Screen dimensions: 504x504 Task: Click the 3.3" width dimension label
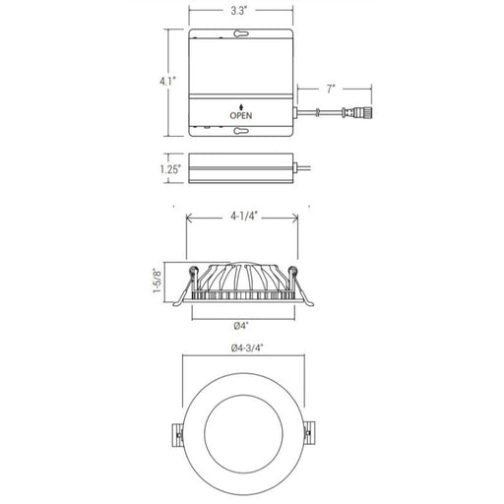pyautogui.click(x=238, y=11)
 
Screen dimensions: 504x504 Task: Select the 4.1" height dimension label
pyautogui.click(x=168, y=81)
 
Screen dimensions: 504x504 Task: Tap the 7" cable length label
pyautogui.click(x=331, y=89)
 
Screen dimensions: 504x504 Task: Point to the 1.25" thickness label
pyautogui.click(x=170, y=169)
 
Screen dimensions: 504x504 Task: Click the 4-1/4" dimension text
pyautogui.click(x=244, y=217)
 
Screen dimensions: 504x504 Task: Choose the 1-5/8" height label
pyautogui.click(x=157, y=281)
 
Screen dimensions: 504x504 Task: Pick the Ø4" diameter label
pyautogui.click(x=241, y=326)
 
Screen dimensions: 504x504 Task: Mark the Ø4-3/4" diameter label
pyautogui.click(x=247, y=347)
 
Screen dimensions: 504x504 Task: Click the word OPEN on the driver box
pyautogui.click(x=241, y=115)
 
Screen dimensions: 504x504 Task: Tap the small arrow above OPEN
pyautogui.click(x=241, y=107)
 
